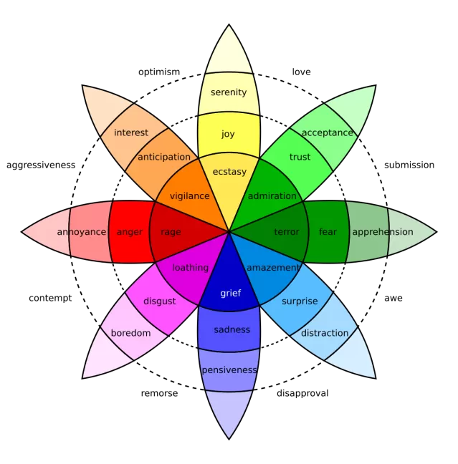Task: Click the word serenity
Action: click(x=229, y=92)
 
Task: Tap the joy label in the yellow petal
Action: click(x=228, y=134)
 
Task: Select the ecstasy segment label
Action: click(x=229, y=172)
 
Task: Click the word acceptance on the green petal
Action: click(x=328, y=132)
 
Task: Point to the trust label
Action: click(x=300, y=157)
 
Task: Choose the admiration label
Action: click(x=272, y=196)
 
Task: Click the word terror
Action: click(x=287, y=232)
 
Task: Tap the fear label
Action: click(x=328, y=232)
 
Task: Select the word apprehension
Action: click(x=382, y=232)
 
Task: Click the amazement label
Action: click(x=272, y=268)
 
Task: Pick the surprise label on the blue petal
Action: click(x=300, y=301)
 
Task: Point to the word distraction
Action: click(x=325, y=333)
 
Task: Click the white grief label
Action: click(x=230, y=294)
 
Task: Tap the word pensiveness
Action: click(x=229, y=370)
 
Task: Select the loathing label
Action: click(x=190, y=268)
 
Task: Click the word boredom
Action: click(x=130, y=333)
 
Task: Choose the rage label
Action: click(x=171, y=232)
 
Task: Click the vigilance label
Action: click(x=189, y=196)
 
